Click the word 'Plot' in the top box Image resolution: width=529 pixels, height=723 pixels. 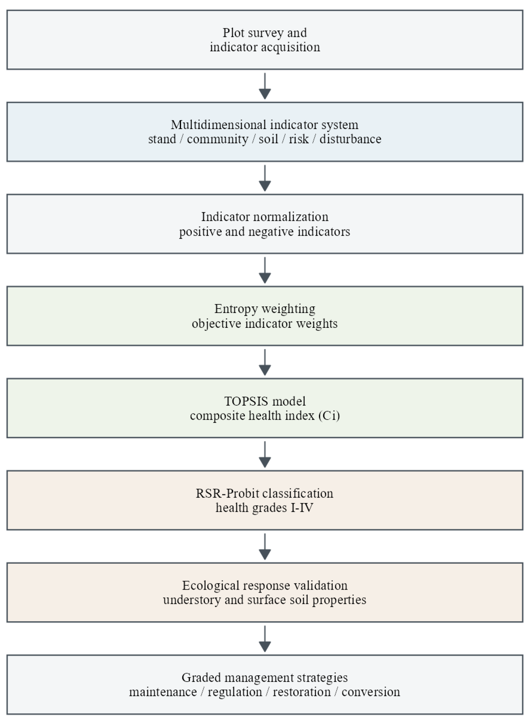pos(231,33)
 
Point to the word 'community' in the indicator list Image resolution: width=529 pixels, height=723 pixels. pos(218,139)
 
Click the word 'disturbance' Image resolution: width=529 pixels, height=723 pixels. pos(351,139)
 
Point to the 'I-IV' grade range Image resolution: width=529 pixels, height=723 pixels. pos(302,508)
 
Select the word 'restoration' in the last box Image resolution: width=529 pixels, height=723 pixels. pos(302,692)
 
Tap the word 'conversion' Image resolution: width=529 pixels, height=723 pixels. pos(371,692)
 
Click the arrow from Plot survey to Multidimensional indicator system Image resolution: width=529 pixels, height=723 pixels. pos(265,86)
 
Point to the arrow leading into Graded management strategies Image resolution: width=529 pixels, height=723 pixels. pos(265,639)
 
